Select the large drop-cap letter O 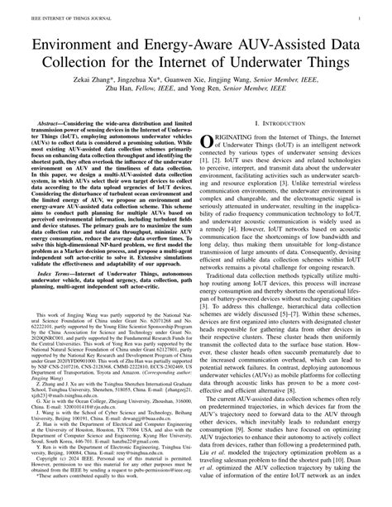(209, 143)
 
